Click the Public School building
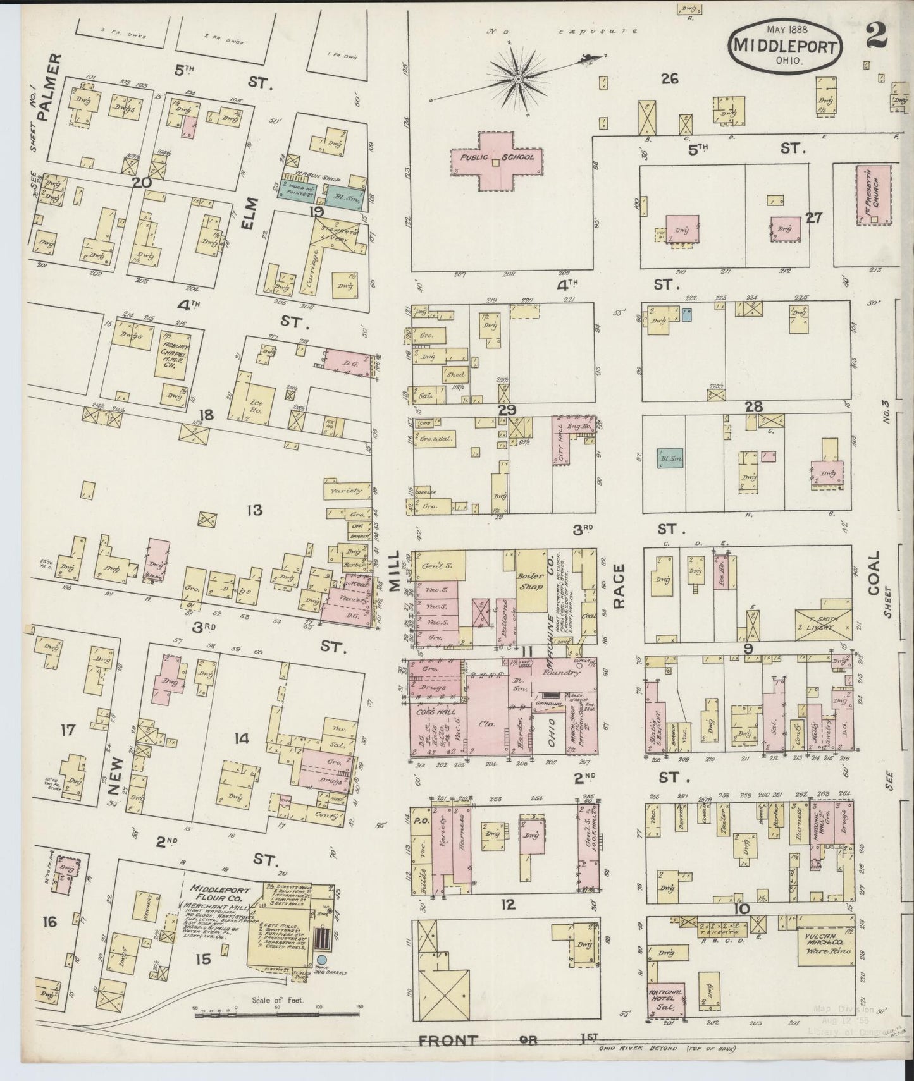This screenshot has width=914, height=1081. (497, 161)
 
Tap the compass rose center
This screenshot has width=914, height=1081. (518, 79)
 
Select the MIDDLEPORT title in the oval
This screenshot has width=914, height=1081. (787, 46)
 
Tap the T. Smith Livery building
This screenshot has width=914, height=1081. (824, 625)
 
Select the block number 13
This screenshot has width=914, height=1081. (254, 510)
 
